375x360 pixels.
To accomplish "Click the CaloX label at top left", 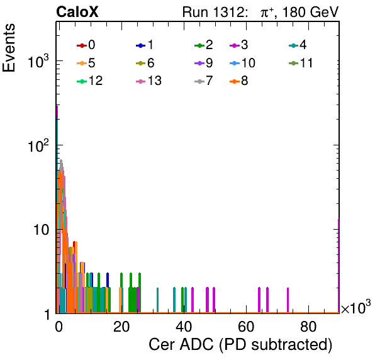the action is click(x=77, y=12).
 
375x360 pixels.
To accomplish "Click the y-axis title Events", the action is click(x=9, y=48).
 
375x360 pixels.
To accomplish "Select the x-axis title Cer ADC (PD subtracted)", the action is click(x=240, y=345).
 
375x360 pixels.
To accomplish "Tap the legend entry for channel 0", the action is click(x=86, y=45).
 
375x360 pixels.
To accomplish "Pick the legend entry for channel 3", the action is click(x=239, y=45).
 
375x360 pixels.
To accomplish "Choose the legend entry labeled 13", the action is click(x=148, y=81).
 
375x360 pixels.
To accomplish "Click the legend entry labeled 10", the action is click(x=242, y=63).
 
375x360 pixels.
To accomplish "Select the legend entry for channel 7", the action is click(x=204, y=81).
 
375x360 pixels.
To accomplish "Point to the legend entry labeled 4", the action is click(x=298, y=45).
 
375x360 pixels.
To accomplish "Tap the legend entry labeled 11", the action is click(x=301, y=63).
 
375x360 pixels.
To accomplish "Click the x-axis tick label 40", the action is click(x=184, y=327).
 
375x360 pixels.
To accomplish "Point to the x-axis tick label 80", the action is click(x=308, y=327).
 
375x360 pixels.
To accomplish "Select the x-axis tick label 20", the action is click(x=121, y=327).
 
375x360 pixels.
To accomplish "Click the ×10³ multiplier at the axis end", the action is click(x=356, y=307).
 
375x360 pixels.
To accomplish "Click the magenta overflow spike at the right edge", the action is click(x=339, y=266).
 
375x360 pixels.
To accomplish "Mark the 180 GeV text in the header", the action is click(x=311, y=12).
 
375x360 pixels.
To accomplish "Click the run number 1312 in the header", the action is click(x=228, y=12).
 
